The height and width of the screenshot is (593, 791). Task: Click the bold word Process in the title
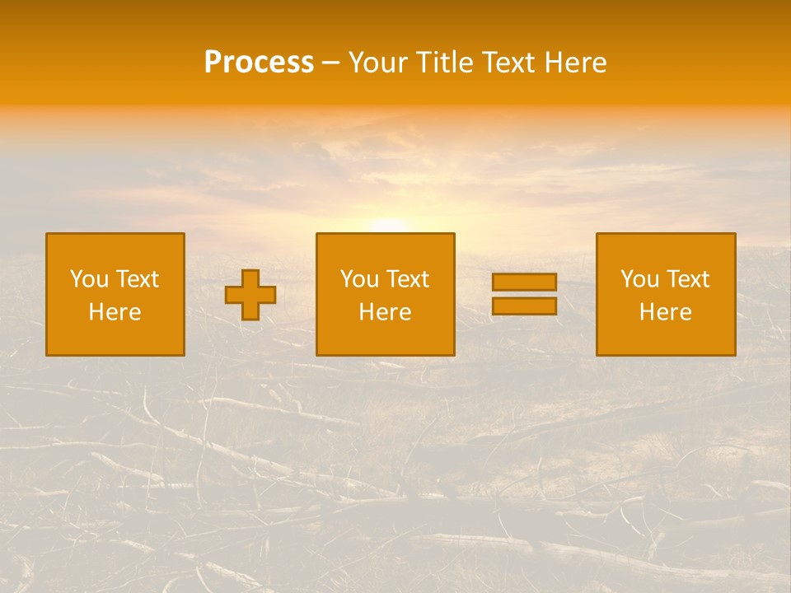click(259, 63)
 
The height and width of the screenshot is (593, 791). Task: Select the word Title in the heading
click(443, 63)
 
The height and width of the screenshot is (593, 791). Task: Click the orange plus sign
click(250, 295)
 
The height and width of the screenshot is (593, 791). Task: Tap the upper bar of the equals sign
click(524, 282)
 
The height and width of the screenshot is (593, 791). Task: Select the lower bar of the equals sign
click(524, 306)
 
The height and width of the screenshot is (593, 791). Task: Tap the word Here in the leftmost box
click(115, 312)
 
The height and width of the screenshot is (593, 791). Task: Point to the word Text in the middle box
click(408, 279)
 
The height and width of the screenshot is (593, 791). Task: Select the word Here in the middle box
click(386, 312)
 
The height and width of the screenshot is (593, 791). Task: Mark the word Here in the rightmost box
click(666, 312)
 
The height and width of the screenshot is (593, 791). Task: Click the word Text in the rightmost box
click(688, 279)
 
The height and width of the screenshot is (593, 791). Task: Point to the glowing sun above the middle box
click(387, 223)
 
